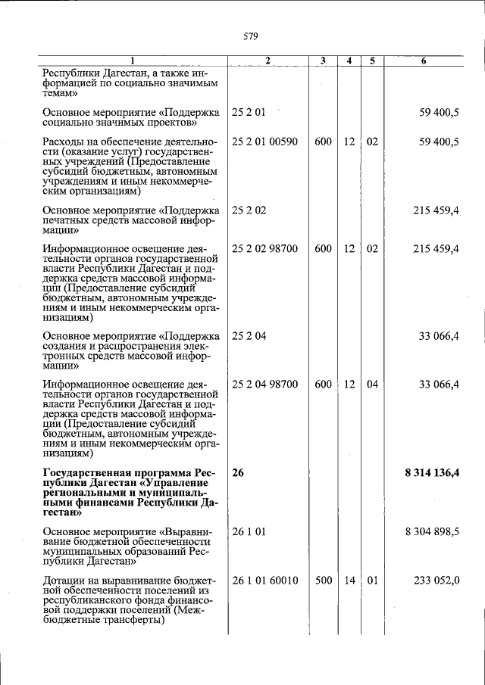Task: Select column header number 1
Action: coord(131,61)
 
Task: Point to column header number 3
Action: coord(322,61)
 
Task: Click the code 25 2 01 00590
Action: coord(264,142)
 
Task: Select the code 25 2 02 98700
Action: coord(264,248)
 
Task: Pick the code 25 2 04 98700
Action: coord(264,385)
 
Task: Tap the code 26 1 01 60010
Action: coord(264,581)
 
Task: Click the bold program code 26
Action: coord(238,473)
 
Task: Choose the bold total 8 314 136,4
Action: coord(432,473)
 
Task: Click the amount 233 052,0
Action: coord(436,581)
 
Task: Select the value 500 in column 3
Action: coord(323,581)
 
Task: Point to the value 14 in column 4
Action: coord(349,581)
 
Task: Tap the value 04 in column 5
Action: coord(372,385)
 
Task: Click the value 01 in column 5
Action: coord(372,581)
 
